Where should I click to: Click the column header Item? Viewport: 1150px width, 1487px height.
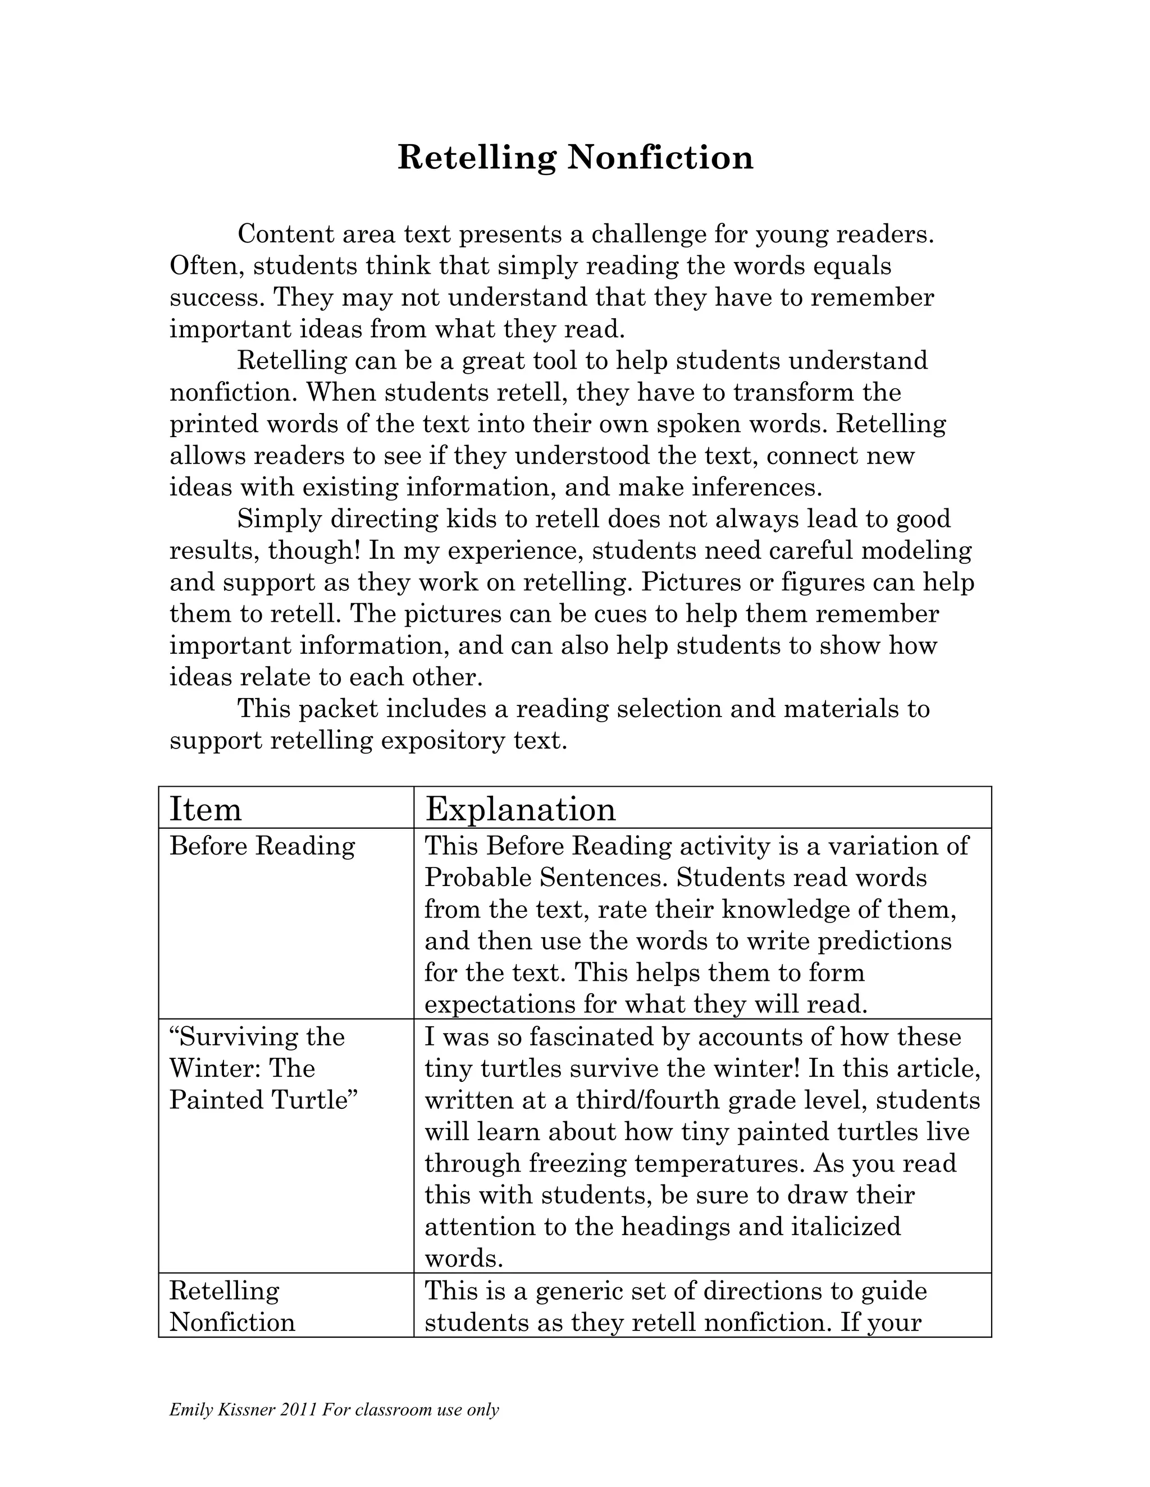(205, 810)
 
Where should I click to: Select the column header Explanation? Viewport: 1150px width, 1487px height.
(521, 810)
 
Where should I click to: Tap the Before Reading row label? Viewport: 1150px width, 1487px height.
(262, 846)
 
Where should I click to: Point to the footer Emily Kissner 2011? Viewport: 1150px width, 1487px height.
(243, 1410)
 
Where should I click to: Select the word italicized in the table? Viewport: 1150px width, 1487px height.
(846, 1227)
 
